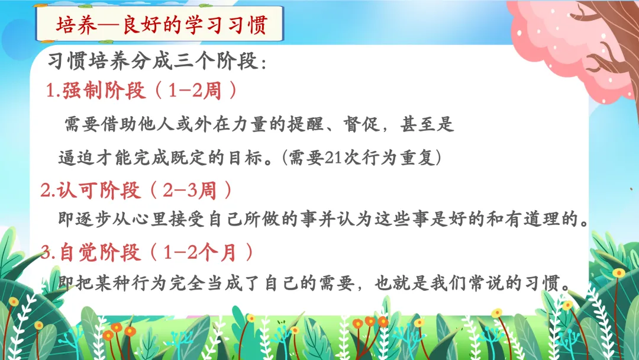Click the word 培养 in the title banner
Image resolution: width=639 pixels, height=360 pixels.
pyautogui.click(x=76, y=25)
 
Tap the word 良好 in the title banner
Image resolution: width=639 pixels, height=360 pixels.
pyautogui.click(x=141, y=25)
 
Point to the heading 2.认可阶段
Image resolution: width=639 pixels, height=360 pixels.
pyautogui.click(x=91, y=190)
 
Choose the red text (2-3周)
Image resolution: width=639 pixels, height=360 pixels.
pyautogui.click(x=191, y=190)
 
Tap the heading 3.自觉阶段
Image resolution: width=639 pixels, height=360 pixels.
pyautogui.click(x=91, y=253)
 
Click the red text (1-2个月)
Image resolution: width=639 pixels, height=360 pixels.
pyautogui.click(x=202, y=253)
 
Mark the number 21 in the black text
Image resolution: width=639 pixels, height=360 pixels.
pyautogui.click(x=333, y=157)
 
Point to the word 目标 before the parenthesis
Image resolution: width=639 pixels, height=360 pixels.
pyautogui.click(x=246, y=157)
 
